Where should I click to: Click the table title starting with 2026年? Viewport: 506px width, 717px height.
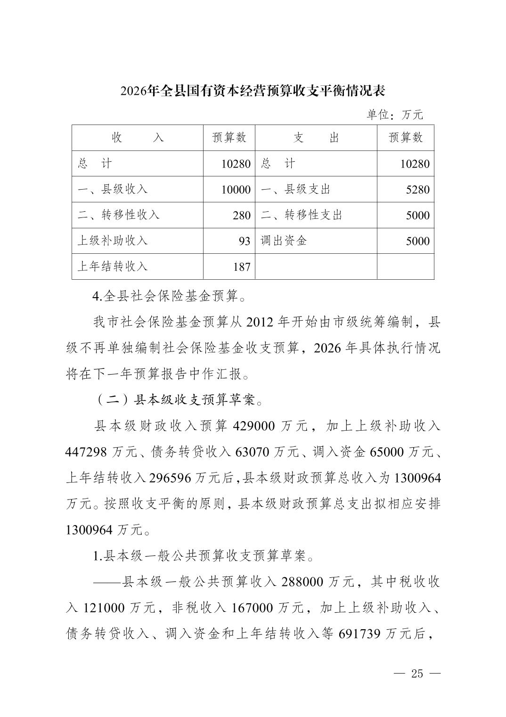253,91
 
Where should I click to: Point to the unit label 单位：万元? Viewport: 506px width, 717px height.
395,115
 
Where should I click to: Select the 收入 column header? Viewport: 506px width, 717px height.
138,138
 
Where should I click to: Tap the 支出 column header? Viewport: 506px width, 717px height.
316,138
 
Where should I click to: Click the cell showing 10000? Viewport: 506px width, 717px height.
236,190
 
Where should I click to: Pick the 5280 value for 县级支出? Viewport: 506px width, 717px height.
417,190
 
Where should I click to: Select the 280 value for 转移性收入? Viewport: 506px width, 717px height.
242,216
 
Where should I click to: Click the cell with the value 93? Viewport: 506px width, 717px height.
244,241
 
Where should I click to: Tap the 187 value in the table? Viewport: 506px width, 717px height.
242,267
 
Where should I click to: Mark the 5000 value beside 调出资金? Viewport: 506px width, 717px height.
417,241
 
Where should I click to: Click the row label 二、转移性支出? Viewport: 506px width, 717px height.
302,215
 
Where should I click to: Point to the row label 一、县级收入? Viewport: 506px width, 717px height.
113,189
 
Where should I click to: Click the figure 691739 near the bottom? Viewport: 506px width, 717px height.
359,634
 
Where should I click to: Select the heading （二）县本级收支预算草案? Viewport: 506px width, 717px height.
179,400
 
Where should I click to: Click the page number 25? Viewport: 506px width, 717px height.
417,674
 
